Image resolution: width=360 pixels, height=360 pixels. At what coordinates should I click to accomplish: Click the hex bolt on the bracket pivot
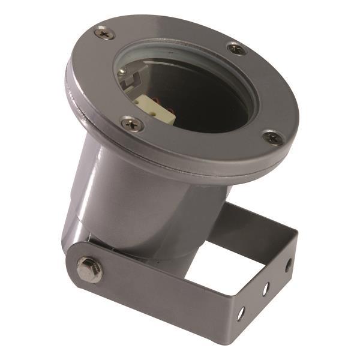(89, 269)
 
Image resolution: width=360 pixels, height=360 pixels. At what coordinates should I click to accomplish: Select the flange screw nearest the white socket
(131, 124)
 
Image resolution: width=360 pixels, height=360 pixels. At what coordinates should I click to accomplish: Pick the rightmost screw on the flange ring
(272, 137)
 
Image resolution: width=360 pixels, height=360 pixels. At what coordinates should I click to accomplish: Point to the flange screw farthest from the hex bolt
(236, 49)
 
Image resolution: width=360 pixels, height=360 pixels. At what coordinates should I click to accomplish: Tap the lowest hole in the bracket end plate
(241, 313)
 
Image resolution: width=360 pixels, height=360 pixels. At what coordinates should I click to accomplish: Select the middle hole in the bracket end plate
(265, 289)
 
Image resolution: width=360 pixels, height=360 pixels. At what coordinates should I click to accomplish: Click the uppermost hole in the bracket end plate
(288, 264)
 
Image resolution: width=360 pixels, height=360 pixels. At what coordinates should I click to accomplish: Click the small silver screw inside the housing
(122, 71)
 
